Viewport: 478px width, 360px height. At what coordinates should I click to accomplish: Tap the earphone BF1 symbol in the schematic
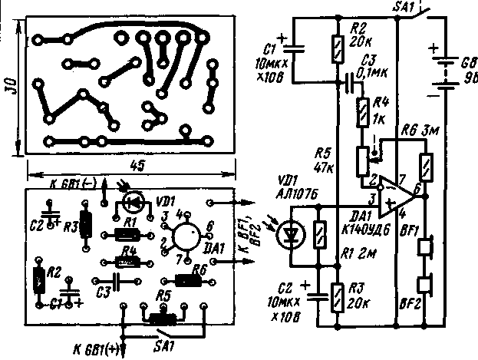coord(424,247)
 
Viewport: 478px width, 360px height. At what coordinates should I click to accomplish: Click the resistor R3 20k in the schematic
coord(338,294)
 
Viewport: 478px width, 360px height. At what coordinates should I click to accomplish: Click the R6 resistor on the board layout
coord(187,279)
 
